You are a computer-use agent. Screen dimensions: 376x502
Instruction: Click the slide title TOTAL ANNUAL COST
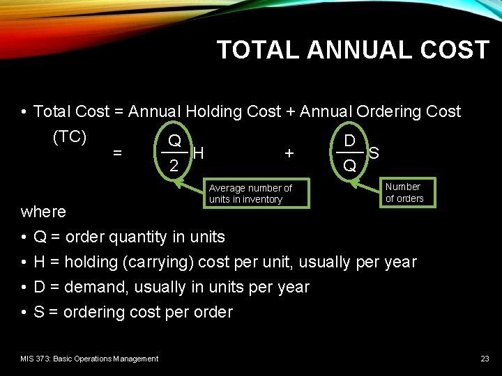(x=353, y=50)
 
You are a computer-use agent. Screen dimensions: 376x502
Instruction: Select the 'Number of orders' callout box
(x=404, y=192)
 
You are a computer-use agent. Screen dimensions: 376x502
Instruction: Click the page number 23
(x=485, y=359)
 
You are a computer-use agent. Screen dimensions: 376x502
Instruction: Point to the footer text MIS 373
(x=89, y=359)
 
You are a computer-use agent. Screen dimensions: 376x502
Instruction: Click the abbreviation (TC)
(x=70, y=137)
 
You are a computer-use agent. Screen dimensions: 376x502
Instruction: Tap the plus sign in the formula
(x=289, y=152)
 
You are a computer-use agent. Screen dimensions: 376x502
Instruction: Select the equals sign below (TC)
(x=118, y=152)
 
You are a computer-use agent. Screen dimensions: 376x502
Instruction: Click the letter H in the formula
(x=198, y=152)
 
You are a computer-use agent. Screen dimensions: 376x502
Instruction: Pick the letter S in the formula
(x=374, y=152)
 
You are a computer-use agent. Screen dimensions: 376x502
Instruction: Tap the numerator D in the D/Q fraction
(x=350, y=140)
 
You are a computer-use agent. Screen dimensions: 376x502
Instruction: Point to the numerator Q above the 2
(x=174, y=140)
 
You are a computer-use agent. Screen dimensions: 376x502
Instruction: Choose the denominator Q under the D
(x=350, y=166)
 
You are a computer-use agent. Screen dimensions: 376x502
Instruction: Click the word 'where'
(x=43, y=212)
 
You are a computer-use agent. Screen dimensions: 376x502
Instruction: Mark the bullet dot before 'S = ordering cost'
(x=24, y=313)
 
